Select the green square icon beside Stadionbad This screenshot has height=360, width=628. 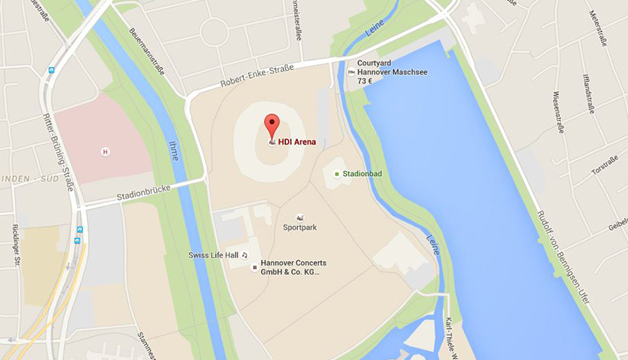[x=336, y=174]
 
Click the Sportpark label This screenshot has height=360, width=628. [x=299, y=227]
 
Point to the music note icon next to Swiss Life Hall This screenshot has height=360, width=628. [x=245, y=254]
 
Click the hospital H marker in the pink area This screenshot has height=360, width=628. [x=106, y=152]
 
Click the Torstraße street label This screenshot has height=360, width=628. [x=604, y=164]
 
